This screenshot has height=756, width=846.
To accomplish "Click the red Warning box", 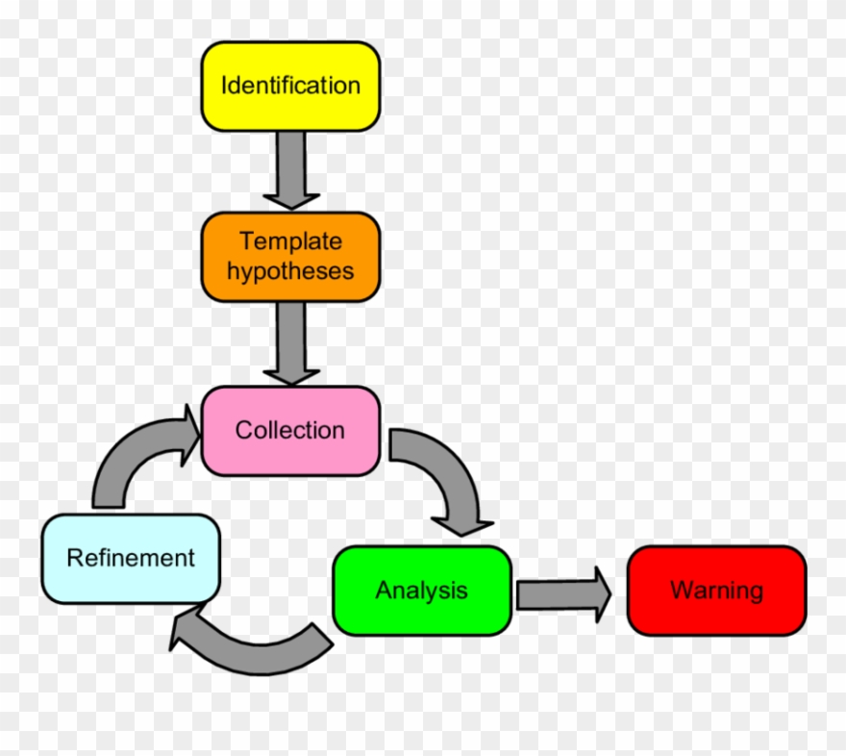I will (716, 591).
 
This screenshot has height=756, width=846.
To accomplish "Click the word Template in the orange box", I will (290, 241).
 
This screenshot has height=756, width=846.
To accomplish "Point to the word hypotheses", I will (290, 271).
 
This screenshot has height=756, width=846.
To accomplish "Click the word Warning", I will (716, 591).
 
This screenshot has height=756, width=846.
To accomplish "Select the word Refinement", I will (131, 558).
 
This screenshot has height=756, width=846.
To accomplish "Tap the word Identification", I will (290, 86).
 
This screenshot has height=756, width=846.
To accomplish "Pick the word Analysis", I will (421, 591).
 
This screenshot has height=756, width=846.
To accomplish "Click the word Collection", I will (290, 431).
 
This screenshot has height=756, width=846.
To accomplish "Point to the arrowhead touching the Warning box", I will (601, 594).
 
